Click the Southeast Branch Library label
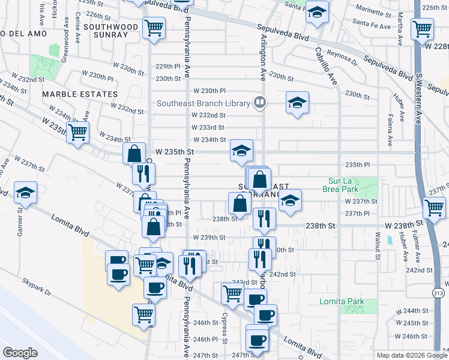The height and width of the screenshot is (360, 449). [x=203, y=103]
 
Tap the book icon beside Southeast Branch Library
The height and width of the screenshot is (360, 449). [x=259, y=103]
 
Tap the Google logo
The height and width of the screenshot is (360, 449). [x=20, y=352]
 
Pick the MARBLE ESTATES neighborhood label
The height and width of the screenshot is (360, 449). [x=79, y=94]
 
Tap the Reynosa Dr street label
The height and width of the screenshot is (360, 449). [x=342, y=62]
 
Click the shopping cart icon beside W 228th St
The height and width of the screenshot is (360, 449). [x=422, y=28]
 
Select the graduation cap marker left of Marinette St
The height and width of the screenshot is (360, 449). [x=316, y=11]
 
